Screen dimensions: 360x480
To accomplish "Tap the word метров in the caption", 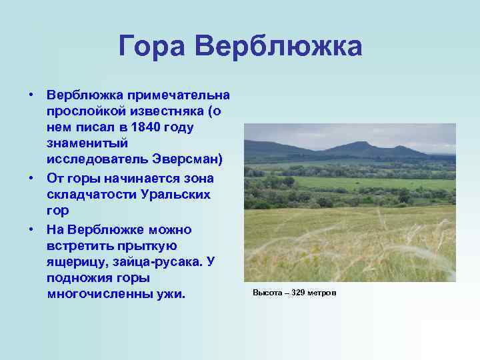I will pos(323,293).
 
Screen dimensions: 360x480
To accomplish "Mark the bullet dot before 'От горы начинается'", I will pos(31,178).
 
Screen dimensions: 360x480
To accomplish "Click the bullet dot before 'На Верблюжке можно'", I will pos(31,229).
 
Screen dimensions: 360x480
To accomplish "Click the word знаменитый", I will pos(82,143).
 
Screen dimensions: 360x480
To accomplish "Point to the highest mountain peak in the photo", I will pos(361,142).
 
